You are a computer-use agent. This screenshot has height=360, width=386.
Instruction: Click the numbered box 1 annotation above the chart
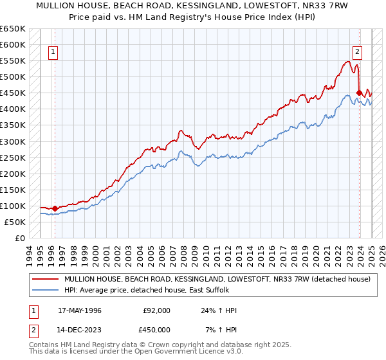pos(53,53)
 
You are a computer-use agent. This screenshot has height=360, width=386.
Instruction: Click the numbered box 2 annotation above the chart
pos(357,53)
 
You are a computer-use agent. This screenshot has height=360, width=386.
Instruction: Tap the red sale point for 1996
pos(55,208)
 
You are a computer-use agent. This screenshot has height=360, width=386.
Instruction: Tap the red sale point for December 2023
pos(358,93)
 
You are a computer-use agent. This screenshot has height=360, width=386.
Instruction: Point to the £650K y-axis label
pos(12,29)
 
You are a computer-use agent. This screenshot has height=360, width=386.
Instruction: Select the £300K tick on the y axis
pos(12,141)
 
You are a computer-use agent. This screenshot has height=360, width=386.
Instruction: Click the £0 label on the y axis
pos(19,238)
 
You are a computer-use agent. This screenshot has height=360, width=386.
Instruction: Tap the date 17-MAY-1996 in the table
pos(80,310)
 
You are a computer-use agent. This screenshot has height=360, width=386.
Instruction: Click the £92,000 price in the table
pos(156,310)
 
